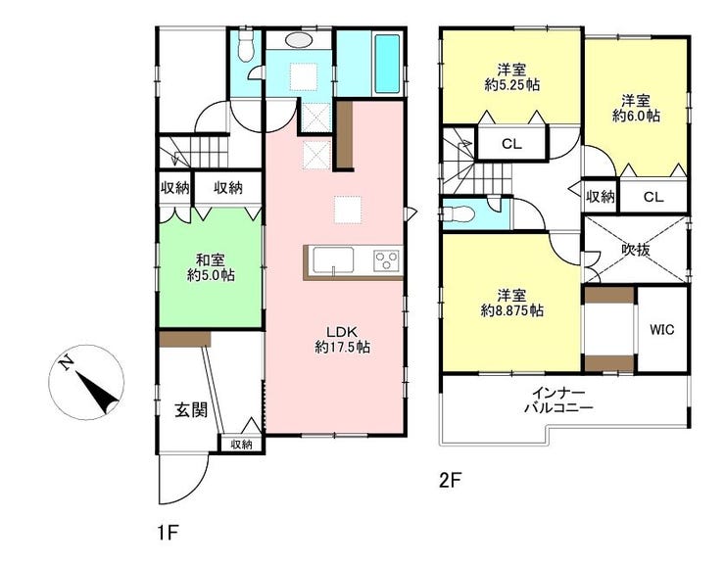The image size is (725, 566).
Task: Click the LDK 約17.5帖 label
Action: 342,339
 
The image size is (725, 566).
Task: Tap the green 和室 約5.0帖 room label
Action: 211,267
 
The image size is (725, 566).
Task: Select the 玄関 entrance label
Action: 190,409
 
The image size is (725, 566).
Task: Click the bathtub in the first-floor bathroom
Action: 387,64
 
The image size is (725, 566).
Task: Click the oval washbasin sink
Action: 299,40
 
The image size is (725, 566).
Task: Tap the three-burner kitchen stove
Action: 387,261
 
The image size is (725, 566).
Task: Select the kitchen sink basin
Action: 333,260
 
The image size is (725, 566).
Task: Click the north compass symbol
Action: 86,382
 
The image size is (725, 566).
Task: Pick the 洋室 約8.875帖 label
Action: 511,303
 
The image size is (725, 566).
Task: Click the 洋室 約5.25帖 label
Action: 512,77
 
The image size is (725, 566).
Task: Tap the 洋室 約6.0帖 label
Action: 636,108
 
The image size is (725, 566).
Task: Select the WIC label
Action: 661,330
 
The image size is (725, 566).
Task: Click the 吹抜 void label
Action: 635,250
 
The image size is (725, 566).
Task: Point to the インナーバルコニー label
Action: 558,401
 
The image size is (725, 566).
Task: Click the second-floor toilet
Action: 457,214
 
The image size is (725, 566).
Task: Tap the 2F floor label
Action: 450,481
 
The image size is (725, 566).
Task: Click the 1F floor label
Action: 168,534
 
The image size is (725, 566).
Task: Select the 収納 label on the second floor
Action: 601,197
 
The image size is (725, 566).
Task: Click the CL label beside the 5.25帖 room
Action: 511,144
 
